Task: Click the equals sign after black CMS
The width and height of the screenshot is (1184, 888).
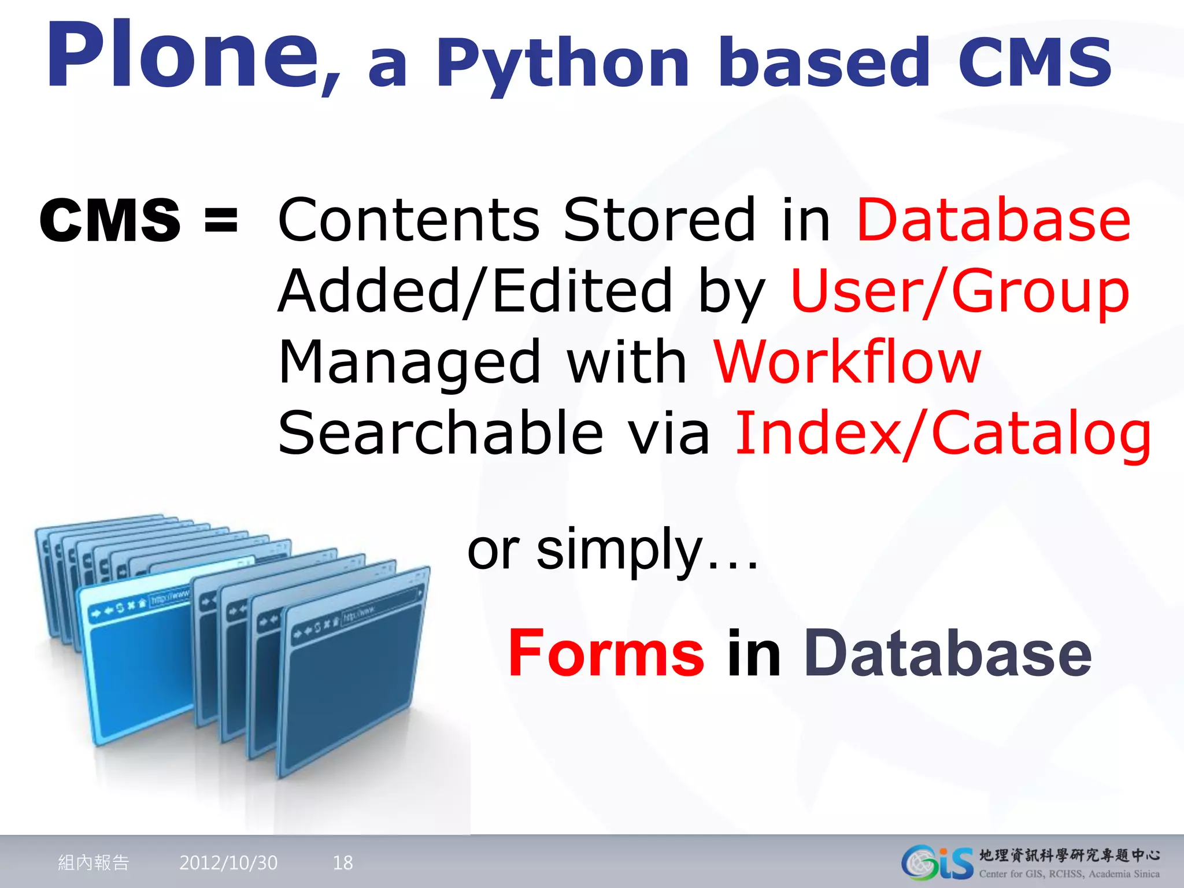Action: tap(221, 220)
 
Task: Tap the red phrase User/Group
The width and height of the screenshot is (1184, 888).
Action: tap(960, 291)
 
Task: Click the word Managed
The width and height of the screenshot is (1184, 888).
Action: tap(409, 363)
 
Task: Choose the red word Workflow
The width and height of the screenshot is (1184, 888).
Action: tap(848, 363)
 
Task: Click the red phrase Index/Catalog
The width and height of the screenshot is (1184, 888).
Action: tap(942, 434)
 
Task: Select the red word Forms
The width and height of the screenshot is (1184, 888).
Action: tap(606, 653)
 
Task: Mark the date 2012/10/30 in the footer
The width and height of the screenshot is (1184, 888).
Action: tap(228, 863)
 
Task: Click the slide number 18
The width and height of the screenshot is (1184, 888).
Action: tap(343, 863)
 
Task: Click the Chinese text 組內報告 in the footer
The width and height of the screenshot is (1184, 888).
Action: tap(94, 863)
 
